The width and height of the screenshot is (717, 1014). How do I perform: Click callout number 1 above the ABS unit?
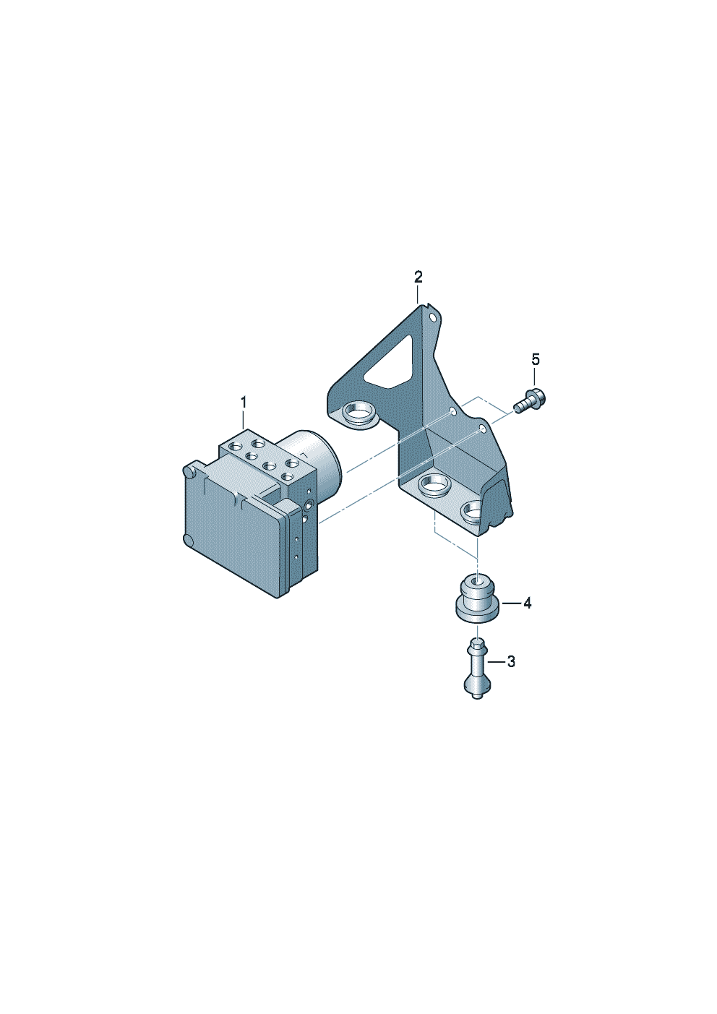pyautogui.click(x=244, y=402)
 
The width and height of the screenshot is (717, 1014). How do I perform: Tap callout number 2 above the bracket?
pyautogui.click(x=418, y=277)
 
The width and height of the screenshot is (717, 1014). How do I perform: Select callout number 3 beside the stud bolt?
pyautogui.click(x=511, y=662)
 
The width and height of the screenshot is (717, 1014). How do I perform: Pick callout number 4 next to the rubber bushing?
pyautogui.click(x=528, y=603)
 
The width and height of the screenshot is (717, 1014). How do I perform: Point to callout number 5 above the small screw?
pyautogui.click(x=536, y=360)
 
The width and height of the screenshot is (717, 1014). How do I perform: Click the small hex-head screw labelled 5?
pyautogui.click(x=530, y=400)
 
